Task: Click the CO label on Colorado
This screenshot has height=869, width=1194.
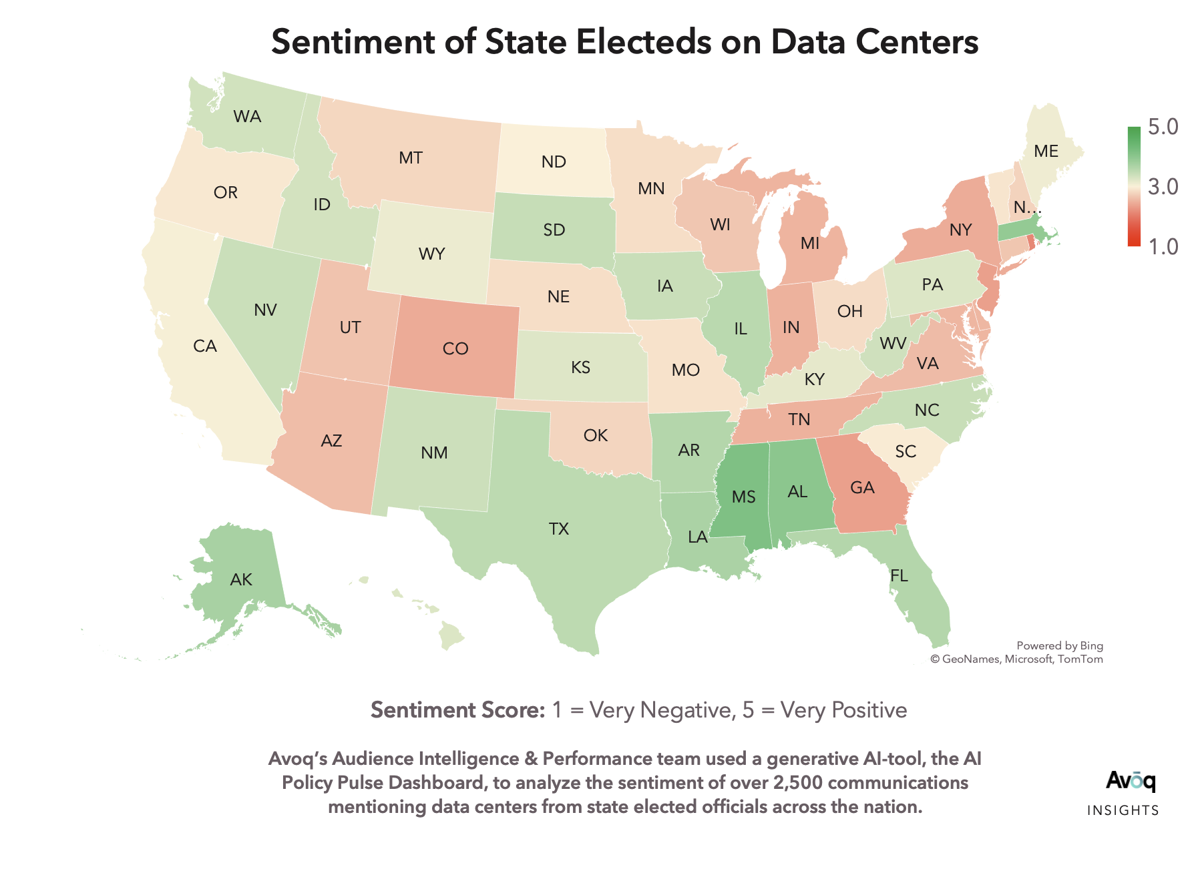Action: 455,349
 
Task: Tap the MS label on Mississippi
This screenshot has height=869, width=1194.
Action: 743,497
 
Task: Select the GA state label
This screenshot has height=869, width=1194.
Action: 862,488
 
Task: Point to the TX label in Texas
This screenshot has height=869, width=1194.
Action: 559,529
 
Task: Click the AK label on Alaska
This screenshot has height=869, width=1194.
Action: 241,580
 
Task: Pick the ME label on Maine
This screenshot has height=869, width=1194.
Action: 1046,152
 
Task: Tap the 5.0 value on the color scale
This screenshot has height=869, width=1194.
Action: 1163,127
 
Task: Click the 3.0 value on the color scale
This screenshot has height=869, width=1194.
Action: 1163,187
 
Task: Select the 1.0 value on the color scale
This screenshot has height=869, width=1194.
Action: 1163,247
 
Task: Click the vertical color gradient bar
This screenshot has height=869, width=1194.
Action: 1134,186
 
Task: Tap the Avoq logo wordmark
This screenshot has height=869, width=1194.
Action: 1131,781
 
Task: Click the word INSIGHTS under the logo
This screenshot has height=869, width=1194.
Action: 1123,811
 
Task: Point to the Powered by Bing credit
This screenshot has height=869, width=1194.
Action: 1059,646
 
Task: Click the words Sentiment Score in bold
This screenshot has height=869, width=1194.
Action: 458,710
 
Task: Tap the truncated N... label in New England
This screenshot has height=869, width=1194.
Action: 1026,208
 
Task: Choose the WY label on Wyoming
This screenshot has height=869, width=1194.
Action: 431,254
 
